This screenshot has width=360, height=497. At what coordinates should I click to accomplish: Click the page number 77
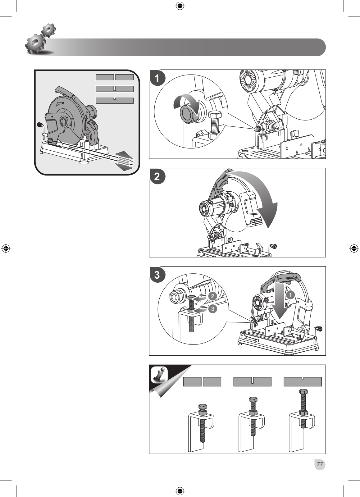(x=320, y=464)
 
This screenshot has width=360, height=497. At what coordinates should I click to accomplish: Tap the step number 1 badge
(x=157, y=78)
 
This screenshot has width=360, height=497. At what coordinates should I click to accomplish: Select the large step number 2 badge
(x=157, y=176)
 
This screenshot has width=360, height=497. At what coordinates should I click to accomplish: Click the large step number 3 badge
(x=157, y=275)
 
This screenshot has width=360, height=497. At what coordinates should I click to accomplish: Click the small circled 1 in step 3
(x=290, y=295)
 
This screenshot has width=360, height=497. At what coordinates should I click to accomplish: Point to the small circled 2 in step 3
(x=212, y=296)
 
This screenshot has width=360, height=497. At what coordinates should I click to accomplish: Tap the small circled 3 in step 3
(x=212, y=309)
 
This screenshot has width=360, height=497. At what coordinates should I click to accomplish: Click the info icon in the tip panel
(x=159, y=375)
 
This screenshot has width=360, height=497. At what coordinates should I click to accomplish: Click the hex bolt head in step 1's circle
(x=215, y=116)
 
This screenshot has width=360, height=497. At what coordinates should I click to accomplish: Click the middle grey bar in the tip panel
(x=253, y=382)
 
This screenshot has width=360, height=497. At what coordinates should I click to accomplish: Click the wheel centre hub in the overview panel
(x=64, y=121)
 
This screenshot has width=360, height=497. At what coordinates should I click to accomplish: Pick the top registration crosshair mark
(x=180, y=6)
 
